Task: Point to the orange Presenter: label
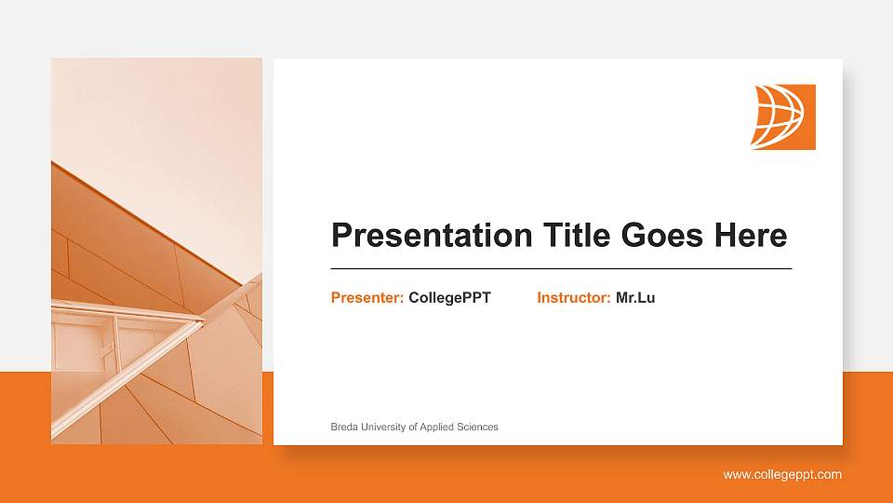[367, 298]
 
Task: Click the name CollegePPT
[449, 298]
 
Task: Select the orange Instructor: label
[574, 298]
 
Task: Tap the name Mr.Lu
[635, 298]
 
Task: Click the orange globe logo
[783, 116]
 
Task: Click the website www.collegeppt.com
[782, 475]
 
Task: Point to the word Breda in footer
[345, 427]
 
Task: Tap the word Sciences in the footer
[477, 427]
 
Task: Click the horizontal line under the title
[561, 268]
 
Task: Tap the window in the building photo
[84, 345]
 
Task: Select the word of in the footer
[413, 427]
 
